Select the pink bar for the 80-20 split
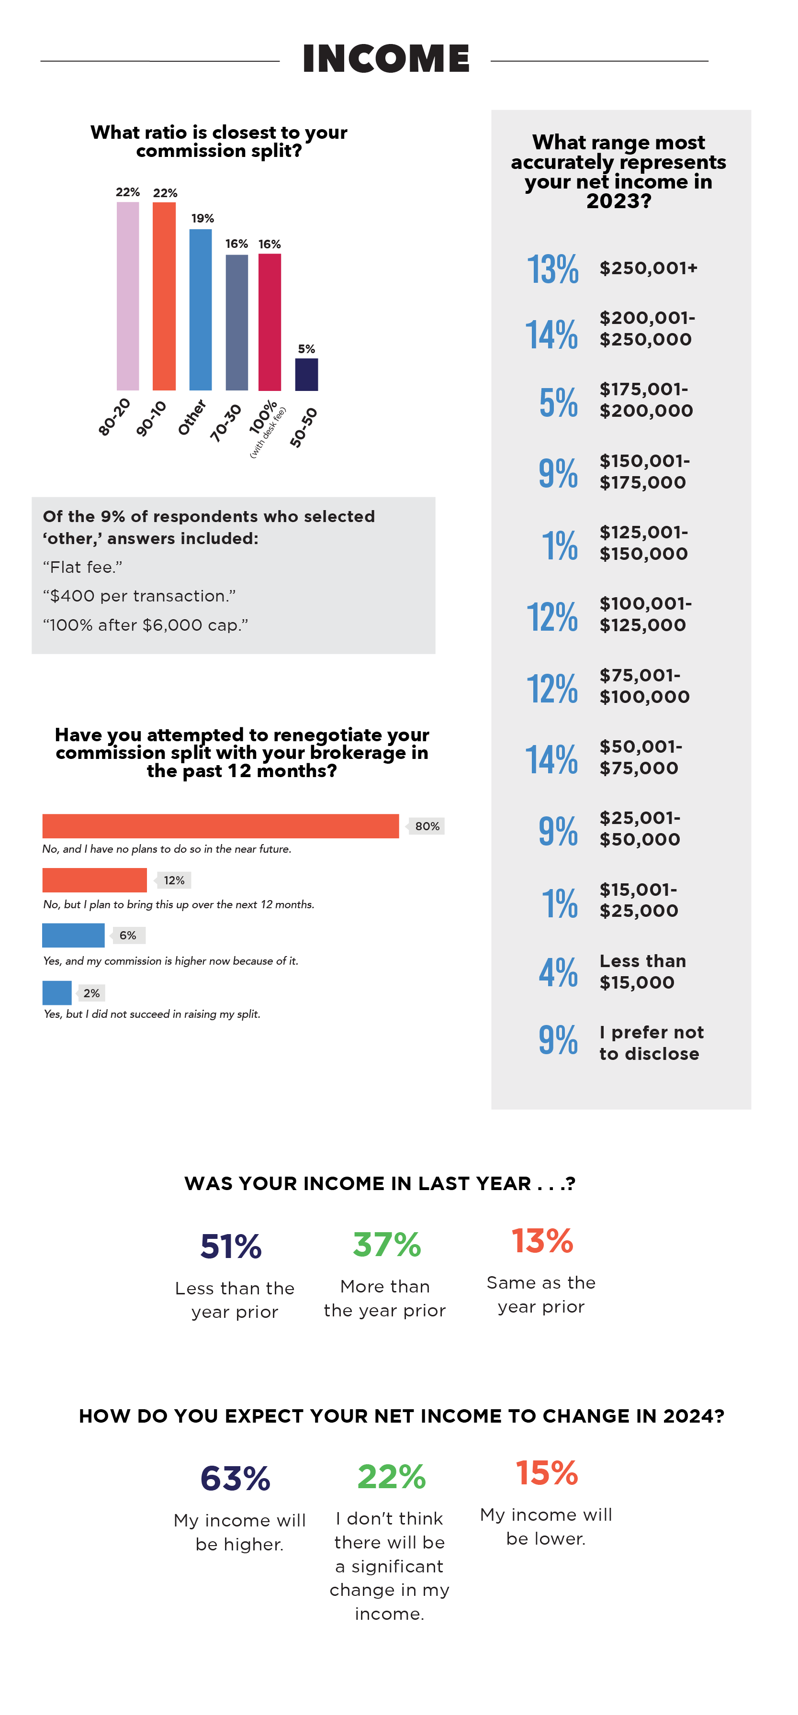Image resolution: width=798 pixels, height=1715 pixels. (x=128, y=296)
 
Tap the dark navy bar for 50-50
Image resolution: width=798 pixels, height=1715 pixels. (x=306, y=374)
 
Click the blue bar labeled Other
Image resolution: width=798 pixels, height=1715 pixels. (x=201, y=310)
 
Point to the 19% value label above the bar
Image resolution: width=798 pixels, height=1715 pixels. (x=202, y=218)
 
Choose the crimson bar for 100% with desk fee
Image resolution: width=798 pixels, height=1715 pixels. (x=270, y=322)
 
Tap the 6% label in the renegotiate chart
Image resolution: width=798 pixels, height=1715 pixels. (x=128, y=935)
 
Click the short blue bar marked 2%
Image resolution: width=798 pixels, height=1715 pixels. (x=56, y=992)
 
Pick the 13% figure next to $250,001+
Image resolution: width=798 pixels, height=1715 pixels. (x=552, y=269)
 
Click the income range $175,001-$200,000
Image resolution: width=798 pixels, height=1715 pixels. (x=645, y=400)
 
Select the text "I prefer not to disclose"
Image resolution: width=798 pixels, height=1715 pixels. (x=650, y=1043)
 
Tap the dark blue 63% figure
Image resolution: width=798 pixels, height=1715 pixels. (x=235, y=1478)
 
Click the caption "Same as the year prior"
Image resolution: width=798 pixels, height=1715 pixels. (x=541, y=1294)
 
